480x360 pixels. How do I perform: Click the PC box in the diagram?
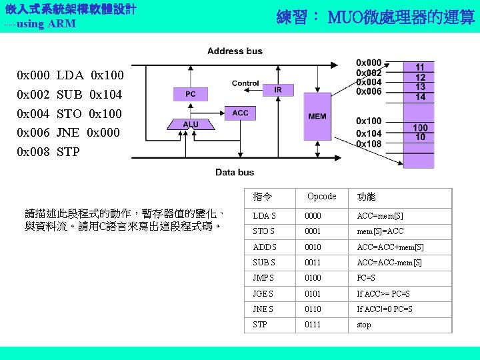click(x=190, y=95)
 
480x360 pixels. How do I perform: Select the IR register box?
click(x=278, y=89)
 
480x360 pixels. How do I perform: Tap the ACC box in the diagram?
click(x=241, y=113)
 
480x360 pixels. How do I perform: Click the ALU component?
click(x=190, y=124)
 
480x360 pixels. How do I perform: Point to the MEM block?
click(x=317, y=116)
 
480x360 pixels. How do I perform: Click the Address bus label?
click(x=235, y=51)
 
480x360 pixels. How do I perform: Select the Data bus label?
click(x=235, y=172)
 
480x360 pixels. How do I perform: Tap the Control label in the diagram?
click(x=245, y=83)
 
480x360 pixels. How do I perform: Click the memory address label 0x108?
click(x=369, y=144)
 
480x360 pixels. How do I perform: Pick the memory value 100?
click(x=420, y=127)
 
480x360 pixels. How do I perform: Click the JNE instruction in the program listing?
click(x=68, y=133)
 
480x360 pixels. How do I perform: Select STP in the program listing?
click(x=68, y=152)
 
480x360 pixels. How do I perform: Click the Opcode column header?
click(x=321, y=197)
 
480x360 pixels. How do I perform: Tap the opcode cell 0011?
click(x=313, y=263)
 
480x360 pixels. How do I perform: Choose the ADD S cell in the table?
click(x=264, y=247)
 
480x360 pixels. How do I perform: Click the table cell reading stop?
click(x=364, y=325)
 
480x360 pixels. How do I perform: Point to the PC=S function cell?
click(x=366, y=278)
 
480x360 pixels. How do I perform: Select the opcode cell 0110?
click(x=313, y=309)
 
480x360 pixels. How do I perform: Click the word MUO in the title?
click(x=345, y=17)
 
